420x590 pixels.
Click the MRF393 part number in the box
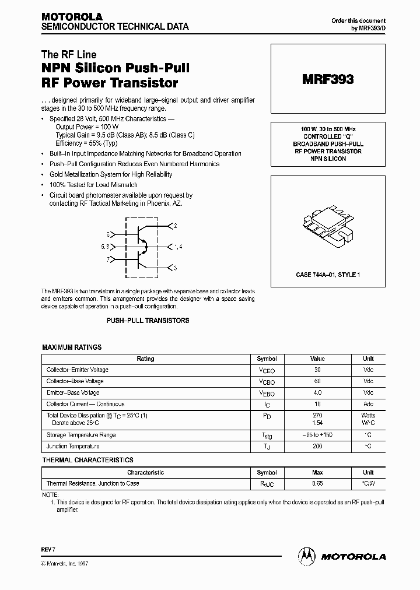click(327, 80)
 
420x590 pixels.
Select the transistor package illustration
click(327, 227)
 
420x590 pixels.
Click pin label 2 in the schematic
click(175, 225)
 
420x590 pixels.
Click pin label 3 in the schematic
click(175, 268)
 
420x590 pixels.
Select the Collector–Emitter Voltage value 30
click(318, 370)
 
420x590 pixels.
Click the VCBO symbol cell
click(267, 382)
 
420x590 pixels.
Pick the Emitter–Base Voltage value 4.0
click(318, 392)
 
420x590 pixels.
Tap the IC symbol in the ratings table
click(267, 405)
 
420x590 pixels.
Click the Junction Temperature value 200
click(318, 446)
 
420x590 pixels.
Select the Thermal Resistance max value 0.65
click(318, 483)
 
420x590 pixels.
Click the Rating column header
click(145, 359)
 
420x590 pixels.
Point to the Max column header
click(318, 472)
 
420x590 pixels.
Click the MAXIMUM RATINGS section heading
click(72, 347)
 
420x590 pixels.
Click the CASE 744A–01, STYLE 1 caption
click(327, 274)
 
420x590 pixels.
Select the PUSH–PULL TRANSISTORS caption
click(148, 321)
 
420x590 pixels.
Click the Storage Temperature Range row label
click(81, 435)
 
